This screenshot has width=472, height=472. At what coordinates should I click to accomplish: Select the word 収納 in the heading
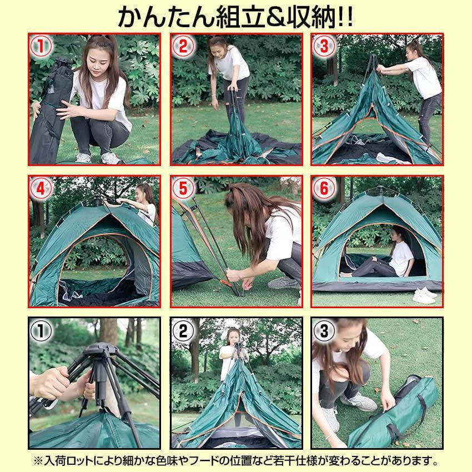[302, 17]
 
